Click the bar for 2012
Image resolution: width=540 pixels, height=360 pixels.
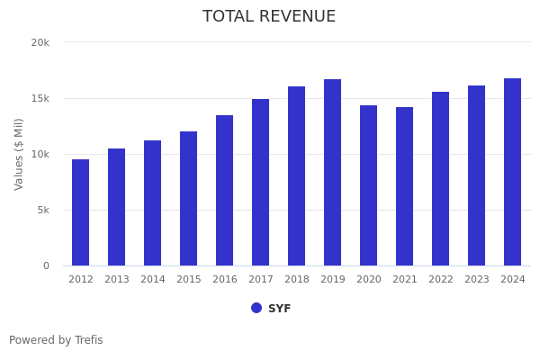pyautogui.click(x=81, y=212)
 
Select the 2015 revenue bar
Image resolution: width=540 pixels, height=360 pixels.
pyautogui.click(x=189, y=199)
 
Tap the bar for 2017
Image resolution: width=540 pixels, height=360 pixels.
pyautogui.click(x=261, y=183)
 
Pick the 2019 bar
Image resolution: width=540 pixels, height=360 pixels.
pyautogui.click(x=333, y=173)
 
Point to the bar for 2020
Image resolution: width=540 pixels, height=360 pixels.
pyautogui.click(x=369, y=185)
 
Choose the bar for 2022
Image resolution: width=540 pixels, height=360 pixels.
pyautogui.click(x=441, y=179)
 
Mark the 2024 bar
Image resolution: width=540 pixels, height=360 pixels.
pyautogui.click(x=513, y=172)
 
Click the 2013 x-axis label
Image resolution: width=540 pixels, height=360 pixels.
pyautogui.click(x=117, y=280)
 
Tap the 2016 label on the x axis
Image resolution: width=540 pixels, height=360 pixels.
pyautogui.click(x=225, y=280)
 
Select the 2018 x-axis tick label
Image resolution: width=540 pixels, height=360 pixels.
pyautogui.click(x=297, y=280)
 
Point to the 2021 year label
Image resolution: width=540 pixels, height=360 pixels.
pyautogui.click(x=405, y=280)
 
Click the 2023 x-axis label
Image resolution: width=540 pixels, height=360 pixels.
pyautogui.click(x=477, y=280)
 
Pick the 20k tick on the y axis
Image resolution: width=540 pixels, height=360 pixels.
pyautogui.click(x=40, y=42)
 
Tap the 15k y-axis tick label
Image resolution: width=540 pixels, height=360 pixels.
pyautogui.click(x=40, y=98)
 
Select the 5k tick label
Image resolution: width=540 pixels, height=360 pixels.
pyautogui.click(x=42, y=210)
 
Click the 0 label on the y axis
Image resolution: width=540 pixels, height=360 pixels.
pyautogui.click(x=45, y=265)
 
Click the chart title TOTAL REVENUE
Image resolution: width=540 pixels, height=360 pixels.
pyautogui.click(x=269, y=17)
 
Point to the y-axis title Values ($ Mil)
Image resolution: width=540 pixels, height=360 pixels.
pyautogui.click(x=19, y=154)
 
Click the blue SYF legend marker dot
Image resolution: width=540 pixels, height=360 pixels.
pyautogui.click(x=256, y=308)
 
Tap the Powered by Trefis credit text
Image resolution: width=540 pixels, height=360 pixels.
pyautogui.click(x=56, y=340)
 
